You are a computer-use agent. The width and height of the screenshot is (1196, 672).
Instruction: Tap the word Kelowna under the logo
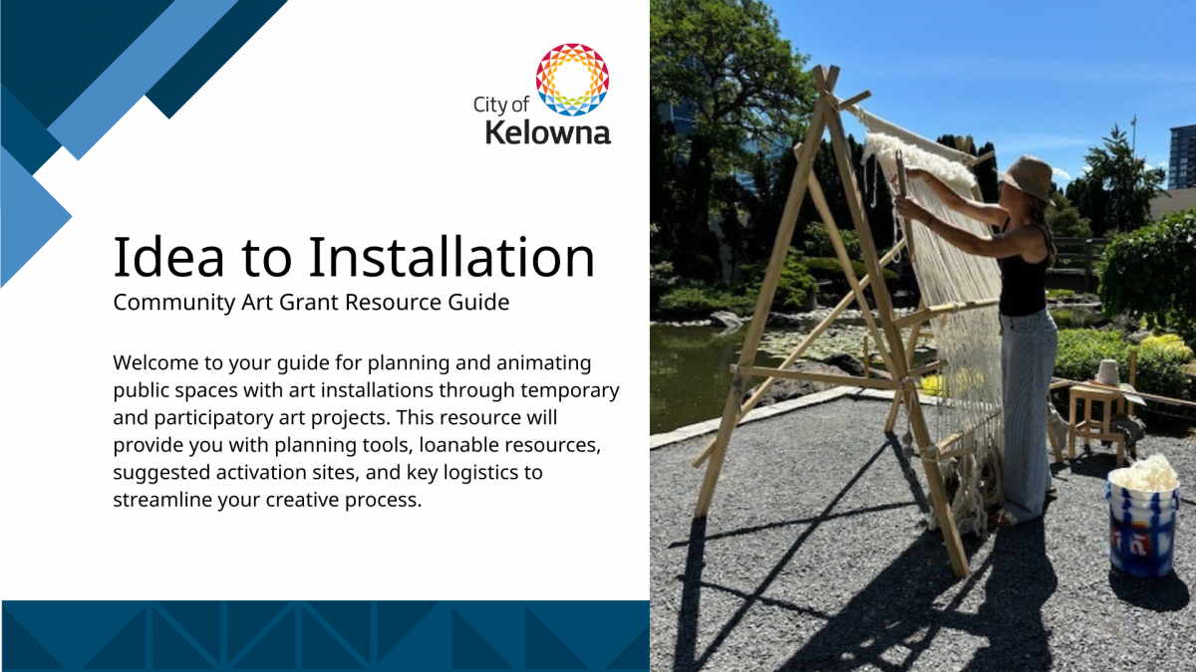548,132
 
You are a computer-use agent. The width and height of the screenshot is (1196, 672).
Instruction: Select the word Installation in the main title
451,257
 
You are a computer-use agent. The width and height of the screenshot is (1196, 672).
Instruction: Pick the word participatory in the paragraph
213,418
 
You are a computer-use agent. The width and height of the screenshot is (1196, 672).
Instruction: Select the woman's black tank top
1024,271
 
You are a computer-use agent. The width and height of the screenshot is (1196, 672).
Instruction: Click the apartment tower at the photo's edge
1182,156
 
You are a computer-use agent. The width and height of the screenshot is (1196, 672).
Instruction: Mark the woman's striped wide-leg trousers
1028,415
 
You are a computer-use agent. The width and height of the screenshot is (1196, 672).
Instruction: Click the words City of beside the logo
500,106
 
